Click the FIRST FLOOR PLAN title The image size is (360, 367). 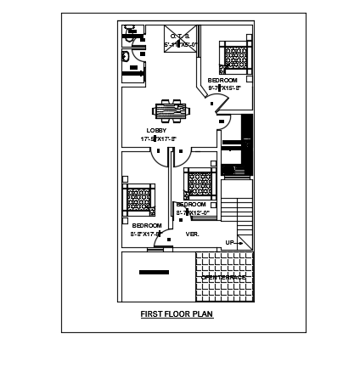[177, 313]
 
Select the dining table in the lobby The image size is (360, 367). [171, 109]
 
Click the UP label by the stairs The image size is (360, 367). [229, 242]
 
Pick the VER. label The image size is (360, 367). [192, 233]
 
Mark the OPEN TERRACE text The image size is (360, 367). [224, 277]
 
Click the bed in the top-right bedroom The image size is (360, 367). [233, 57]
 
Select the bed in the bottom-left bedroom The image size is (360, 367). [139, 200]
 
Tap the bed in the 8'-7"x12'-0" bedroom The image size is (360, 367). [199, 183]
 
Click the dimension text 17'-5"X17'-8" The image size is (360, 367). [159, 138]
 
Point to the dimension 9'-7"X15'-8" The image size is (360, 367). [225, 88]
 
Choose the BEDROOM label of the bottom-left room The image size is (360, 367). [140, 226]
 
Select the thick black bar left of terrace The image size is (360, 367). [154, 273]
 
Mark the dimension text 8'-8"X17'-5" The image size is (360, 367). [144, 233]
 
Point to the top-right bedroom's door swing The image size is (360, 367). [219, 102]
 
